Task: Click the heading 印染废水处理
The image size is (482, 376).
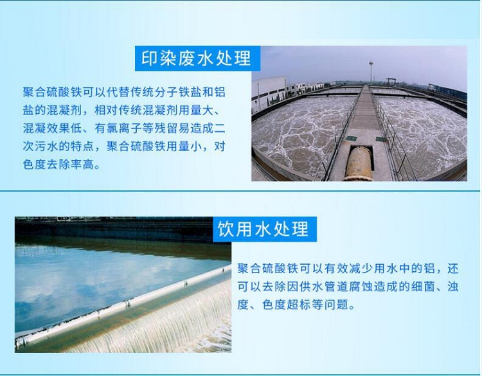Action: click(x=196, y=58)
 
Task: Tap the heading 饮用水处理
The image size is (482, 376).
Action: click(x=263, y=229)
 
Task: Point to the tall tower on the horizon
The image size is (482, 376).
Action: click(x=371, y=71)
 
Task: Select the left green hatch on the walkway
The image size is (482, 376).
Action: click(x=352, y=139)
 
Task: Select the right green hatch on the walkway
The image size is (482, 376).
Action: click(x=381, y=139)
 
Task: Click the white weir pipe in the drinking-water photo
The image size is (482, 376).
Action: click(x=123, y=305)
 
